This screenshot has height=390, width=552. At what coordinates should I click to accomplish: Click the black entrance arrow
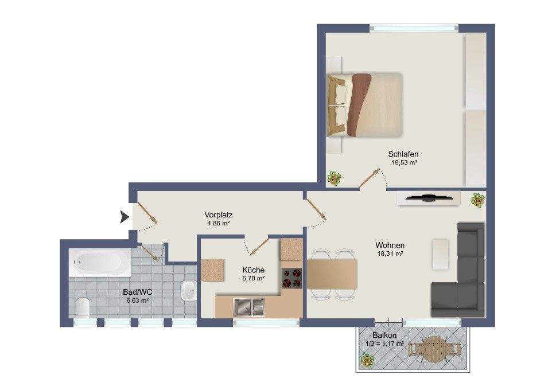tap(124, 217)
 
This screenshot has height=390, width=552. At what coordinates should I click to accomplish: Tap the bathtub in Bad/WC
tap(100, 263)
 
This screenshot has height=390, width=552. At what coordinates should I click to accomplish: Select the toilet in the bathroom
tap(83, 307)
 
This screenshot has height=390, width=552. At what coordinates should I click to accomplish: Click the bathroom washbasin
tap(188, 291)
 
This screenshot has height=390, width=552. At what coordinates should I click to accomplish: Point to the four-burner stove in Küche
tap(291, 278)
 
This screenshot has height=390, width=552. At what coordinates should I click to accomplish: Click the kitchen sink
tap(248, 307)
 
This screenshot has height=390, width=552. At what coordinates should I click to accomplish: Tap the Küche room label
tap(254, 270)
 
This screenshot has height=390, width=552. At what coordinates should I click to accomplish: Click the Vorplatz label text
tap(218, 214)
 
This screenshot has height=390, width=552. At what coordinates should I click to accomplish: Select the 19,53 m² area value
tap(404, 163)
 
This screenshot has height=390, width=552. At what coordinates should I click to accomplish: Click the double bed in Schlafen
tap(364, 104)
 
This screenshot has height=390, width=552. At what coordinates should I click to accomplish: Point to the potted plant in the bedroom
tap(334, 178)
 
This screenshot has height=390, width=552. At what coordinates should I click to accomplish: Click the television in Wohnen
tap(429, 198)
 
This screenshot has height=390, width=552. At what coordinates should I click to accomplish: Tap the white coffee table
tap(441, 254)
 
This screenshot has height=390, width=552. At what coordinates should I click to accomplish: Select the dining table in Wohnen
tap(332, 274)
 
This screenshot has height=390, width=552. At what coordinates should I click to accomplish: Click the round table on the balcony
tap(434, 349)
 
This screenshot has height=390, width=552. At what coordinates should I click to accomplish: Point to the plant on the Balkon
tap(367, 361)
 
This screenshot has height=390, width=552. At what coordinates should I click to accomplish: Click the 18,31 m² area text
tap(390, 253)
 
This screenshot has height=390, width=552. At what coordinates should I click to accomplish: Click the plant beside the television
tap(477, 200)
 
